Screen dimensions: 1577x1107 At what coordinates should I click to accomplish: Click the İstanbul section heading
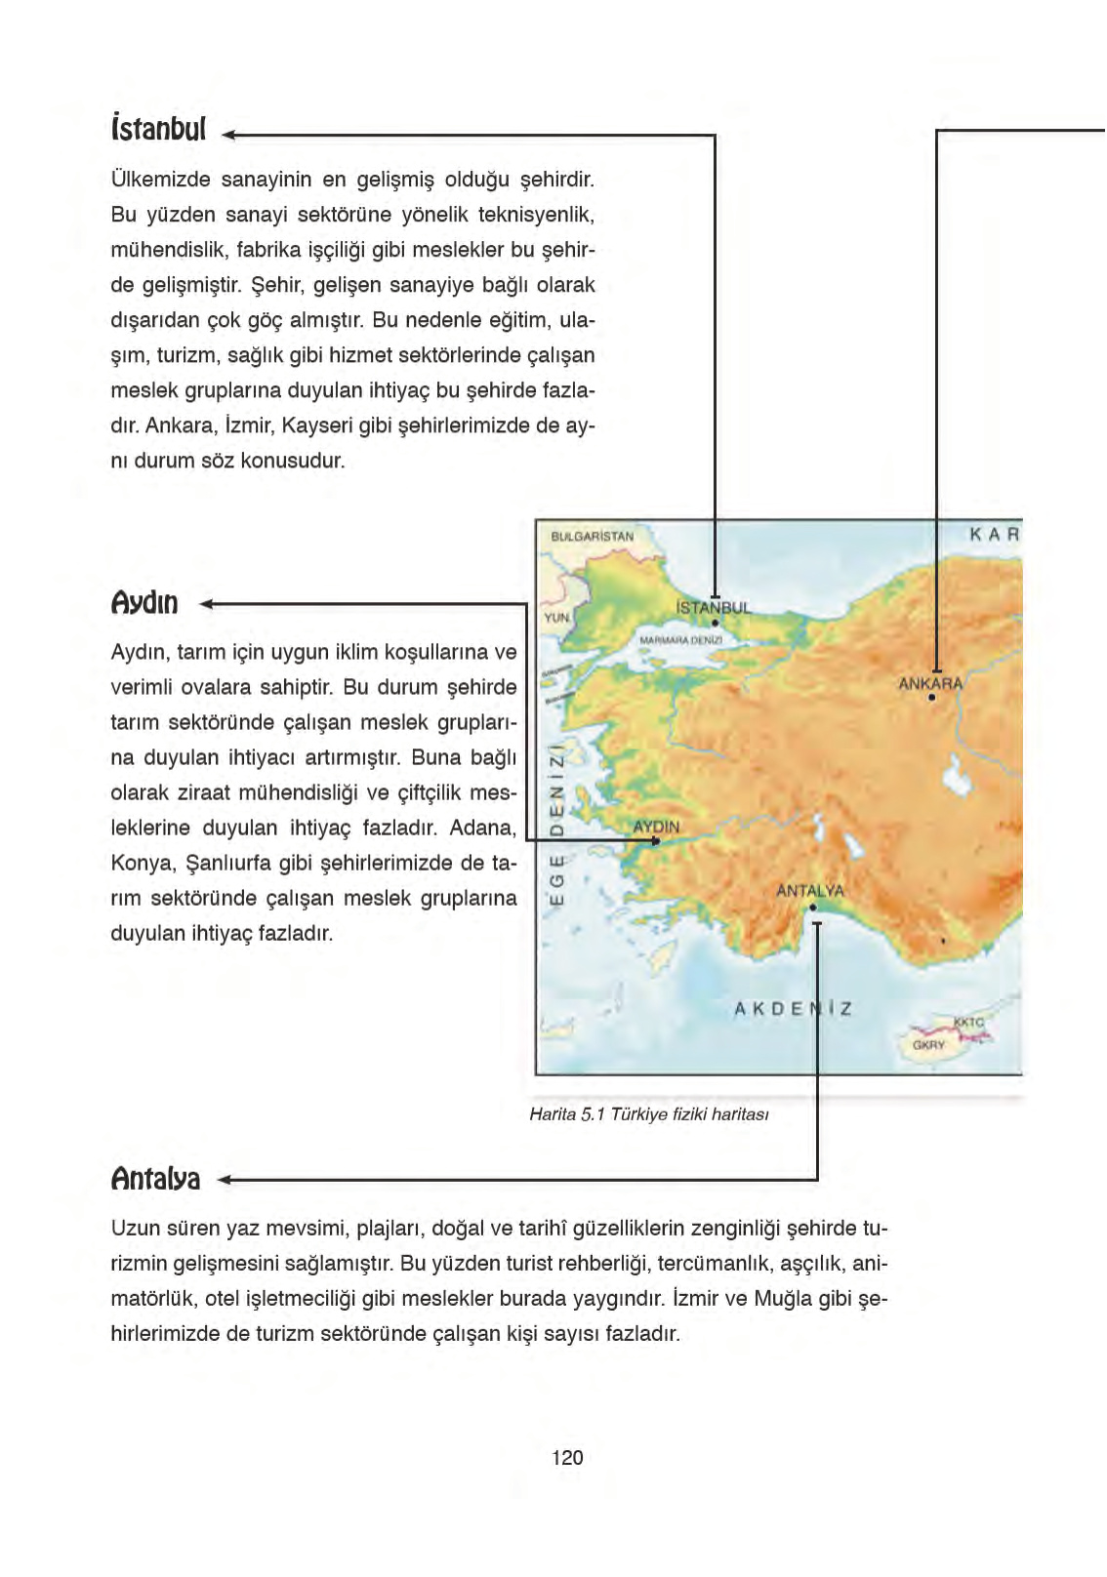tap(158, 129)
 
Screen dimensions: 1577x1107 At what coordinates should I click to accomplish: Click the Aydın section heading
tap(144, 603)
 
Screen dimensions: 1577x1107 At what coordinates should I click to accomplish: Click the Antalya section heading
tap(156, 1179)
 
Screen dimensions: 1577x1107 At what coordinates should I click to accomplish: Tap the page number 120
tap(567, 1458)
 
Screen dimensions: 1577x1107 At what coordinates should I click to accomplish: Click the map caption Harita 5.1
tap(649, 1114)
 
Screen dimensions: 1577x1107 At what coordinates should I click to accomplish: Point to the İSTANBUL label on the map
tap(714, 608)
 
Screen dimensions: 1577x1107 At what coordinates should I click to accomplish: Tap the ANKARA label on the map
tap(930, 684)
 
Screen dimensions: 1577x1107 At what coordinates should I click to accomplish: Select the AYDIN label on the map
tap(656, 827)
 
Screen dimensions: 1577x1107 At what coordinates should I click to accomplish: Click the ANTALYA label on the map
tap(810, 891)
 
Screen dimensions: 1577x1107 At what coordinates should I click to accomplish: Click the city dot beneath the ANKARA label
tap(932, 698)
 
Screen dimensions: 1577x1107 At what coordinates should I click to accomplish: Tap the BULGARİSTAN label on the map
tap(592, 537)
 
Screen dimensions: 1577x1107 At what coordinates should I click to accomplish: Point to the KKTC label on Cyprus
tap(968, 1022)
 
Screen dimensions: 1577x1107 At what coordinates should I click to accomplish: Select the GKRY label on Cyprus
tap(928, 1045)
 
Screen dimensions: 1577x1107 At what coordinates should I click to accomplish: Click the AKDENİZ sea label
tap(793, 1008)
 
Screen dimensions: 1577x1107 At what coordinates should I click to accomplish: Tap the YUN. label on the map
tap(556, 618)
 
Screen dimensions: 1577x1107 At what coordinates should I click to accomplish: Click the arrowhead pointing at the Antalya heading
tap(224, 1180)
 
